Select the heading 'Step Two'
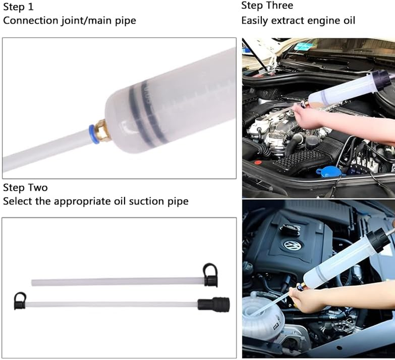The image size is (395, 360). pyautogui.click(x=25, y=187)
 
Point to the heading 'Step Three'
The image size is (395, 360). pyautogui.click(x=267, y=6)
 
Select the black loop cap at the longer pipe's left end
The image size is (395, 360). pyautogui.click(x=20, y=299)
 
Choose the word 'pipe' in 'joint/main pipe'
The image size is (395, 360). pyautogui.click(x=126, y=21)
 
